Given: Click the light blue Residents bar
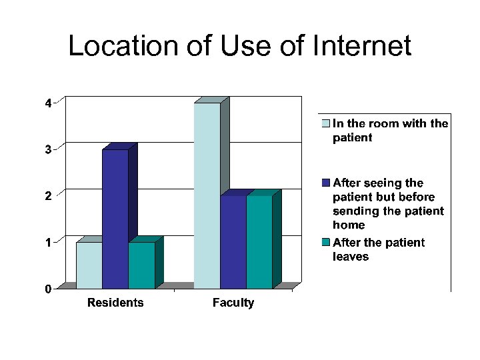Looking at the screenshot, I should (x=89, y=265).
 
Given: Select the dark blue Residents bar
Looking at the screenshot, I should (x=115, y=219).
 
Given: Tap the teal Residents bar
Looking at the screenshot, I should (x=141, y=265).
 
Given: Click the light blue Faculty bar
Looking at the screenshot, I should (x=207, y=195).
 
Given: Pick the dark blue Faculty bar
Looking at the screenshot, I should (x=233, y=241).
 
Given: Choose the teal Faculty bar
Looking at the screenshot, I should (x=259, y=241).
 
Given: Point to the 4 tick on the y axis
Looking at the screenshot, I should (x=48, y=103).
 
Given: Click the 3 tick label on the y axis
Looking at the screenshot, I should (x=48, y=150).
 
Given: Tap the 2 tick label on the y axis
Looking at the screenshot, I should (x=48, y=196).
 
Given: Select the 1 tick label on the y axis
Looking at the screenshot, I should (x=48, y=243).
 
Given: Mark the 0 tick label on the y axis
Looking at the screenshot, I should (x=48, y=289).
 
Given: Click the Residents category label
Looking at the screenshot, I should (x=115, y=303).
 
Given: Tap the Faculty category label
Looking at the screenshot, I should (x=233, y=303).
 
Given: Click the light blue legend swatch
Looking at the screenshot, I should (x=325, y=123).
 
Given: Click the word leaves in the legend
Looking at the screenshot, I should (x=351, y=256).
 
